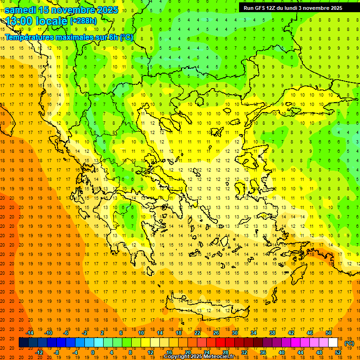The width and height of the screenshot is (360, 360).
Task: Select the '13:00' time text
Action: pyautogui.click(x=18, y=21)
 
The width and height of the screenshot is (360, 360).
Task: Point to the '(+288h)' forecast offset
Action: pyautogui.click(x=83, y=21)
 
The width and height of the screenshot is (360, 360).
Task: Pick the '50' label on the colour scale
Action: pyautogui.click(x=328, y=333)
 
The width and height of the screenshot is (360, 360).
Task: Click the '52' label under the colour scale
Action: pyautogui.click(x=337, y=352)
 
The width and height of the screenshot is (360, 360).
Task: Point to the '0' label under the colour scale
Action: pyautogui.click(x=93, y=352)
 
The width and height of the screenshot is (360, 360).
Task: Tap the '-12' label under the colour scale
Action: pyautogui.click(x=39, y=352)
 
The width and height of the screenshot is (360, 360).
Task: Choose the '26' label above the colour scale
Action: pyautogui.click(x=216, y=333)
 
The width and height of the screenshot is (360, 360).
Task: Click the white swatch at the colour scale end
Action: pyautogui.click(x=333, y=343)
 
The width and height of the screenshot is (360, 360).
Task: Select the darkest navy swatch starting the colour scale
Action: pyautogui.click(x=23, y=343)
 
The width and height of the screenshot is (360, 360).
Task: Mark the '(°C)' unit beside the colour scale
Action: pyautogui.click(x=349, y=343)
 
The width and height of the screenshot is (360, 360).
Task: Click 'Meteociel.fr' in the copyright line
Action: pyautogui.click(x=219, y=357)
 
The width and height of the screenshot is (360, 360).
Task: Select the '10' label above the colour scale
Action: pyautogui.click(x=141, y=333)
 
